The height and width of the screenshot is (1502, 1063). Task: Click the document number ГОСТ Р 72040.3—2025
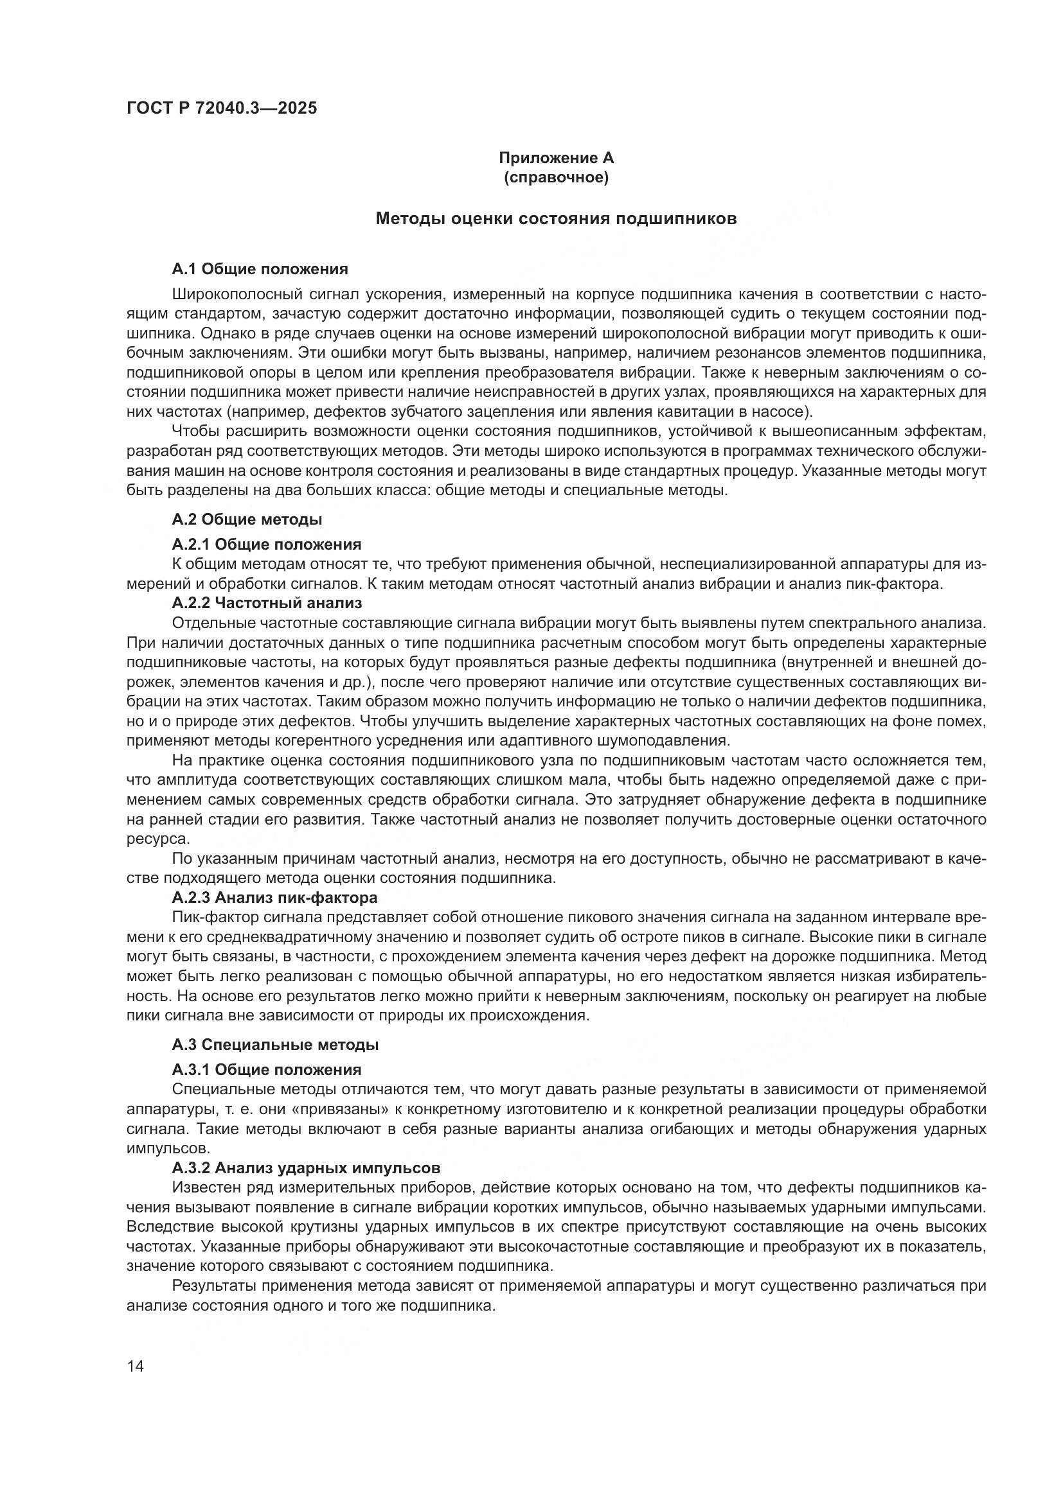pyautogui.click(x=222, y=109)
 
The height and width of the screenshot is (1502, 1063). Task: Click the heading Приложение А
pyautogui.click(x=556, y=159)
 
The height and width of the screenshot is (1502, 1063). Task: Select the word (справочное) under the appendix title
pyautogui.click(x=556, y=177)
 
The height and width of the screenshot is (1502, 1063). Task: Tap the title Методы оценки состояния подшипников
pyautogui.click(x=556, y=219)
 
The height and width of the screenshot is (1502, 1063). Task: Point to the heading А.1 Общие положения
pyautogui.click(x=260, y=269)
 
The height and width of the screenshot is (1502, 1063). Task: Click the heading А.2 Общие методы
pyautogui.click(x=247, y=520)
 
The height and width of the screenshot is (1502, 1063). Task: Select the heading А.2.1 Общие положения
pyautogui.click(x=267, y=545)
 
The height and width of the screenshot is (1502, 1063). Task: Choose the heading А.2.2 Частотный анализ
pyautogui.click(x=267, y=602)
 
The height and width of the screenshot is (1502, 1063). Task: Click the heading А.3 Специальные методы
pyautogui.click(x=276, y=1045)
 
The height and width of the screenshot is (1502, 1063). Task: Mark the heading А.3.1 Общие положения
pyautogui.click(x=267, y=1070)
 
